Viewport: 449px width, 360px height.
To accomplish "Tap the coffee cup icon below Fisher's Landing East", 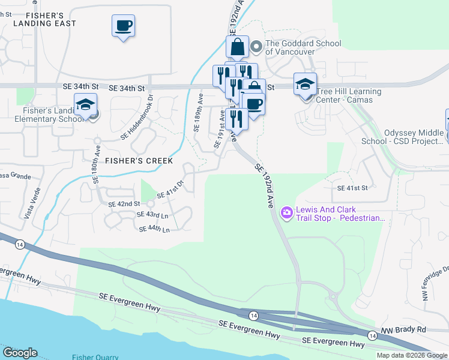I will coord(123,26).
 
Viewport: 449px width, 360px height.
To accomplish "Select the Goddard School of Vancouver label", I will coord(303,47).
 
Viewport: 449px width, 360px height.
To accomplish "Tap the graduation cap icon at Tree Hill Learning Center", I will coord(305,84).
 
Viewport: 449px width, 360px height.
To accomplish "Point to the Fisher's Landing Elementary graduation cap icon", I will coord(85,104).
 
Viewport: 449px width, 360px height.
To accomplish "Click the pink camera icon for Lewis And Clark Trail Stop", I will coord(286,212).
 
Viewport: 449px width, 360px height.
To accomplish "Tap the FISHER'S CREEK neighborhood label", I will coord(139,161).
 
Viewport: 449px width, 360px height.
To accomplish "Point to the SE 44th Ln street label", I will coord(154,229).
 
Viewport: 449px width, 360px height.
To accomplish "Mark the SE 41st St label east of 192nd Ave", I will coord(352,188).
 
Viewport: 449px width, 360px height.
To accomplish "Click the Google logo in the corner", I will coord(20,353).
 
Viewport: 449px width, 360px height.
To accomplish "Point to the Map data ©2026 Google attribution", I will coord(411,355).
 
